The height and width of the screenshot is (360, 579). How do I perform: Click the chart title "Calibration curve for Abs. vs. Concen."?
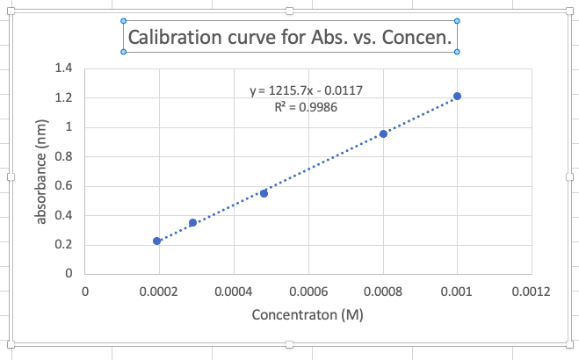290,38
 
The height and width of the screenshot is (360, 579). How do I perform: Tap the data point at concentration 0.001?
457,96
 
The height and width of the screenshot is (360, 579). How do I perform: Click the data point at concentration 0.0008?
383,133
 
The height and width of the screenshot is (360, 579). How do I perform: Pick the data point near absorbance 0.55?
264,193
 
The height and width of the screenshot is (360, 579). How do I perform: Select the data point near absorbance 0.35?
192,222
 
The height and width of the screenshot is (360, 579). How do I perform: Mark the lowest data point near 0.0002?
156,241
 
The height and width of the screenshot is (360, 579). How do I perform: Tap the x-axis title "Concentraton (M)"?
308,314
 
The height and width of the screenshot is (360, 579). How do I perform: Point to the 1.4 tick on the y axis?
62,68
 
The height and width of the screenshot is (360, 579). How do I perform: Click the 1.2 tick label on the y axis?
62,97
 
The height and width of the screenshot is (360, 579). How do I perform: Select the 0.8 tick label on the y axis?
62,156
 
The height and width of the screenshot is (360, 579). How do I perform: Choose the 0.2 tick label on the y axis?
62,244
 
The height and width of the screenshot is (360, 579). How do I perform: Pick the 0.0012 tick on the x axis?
531,291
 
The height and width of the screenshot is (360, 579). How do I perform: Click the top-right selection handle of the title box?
457,20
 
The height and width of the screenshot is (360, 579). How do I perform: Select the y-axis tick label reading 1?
67,126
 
